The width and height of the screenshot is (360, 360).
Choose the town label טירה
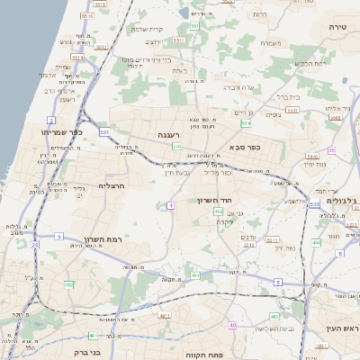click(x=338, y=29)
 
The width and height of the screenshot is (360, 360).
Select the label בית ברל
click(x=289, y=96)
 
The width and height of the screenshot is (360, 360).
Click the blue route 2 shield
click(x=51, y=120)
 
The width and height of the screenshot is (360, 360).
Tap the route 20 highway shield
click(x=35, y=244)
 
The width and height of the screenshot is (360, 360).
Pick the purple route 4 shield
click(x=170, y=206)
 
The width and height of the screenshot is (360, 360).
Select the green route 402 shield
click(x=219, y=211)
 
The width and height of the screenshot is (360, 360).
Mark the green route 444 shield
click(x=316, y=243)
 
